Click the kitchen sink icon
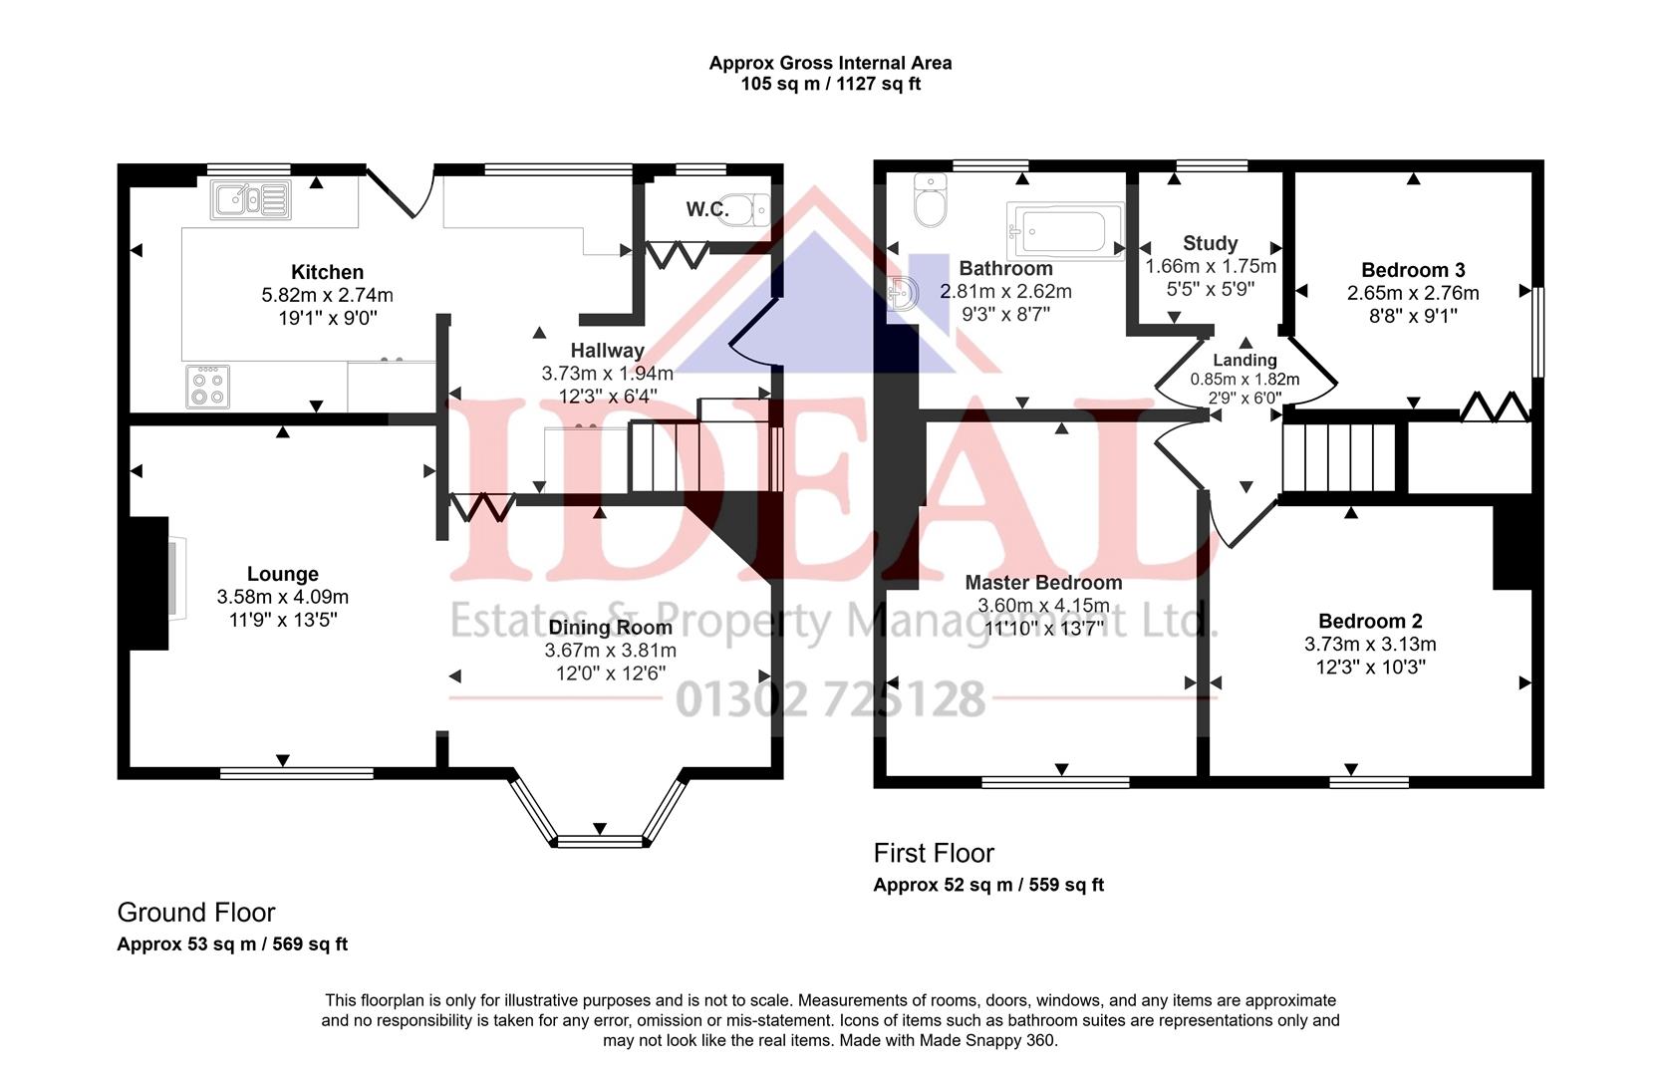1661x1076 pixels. (250, 200)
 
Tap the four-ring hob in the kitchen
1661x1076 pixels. (207, 387)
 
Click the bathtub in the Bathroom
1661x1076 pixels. (1064, 231)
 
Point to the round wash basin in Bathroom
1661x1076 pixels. (904, 293)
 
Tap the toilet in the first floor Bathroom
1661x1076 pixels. (930, 203)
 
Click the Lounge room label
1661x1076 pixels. (283, 574)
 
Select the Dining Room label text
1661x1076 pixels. (610, 628)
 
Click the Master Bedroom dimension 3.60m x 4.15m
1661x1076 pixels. (1043, 606)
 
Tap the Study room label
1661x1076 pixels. (1210, 243)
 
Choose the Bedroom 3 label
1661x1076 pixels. (1412, 270)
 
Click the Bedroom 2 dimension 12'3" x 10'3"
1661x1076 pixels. (1370, 667)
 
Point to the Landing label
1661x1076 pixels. (1245, 361)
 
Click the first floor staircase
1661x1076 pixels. (1339, 457)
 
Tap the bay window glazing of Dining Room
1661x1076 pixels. (600, 842)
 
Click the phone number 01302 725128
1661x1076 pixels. (830, 699)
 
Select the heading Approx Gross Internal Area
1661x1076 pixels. (830, 63)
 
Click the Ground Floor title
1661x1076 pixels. (196, 913)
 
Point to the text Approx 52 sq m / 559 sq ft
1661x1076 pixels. (988, 885)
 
